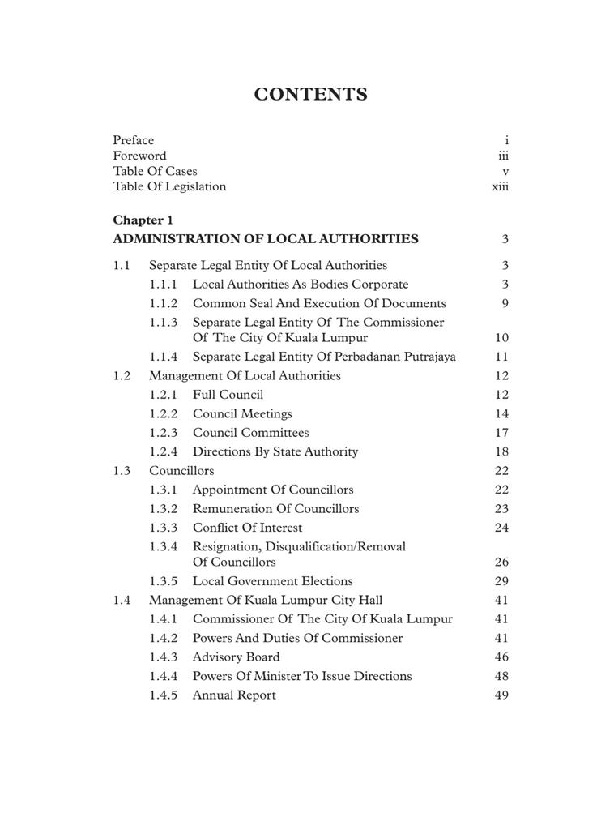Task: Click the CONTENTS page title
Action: [x=310, y=95]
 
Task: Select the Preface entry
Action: [x=133, y=140]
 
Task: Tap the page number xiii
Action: [x=500, y=187]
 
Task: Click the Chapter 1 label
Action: [x=143, y=220]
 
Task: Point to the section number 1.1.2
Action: [x=163, y=304]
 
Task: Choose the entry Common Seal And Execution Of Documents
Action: [x=319, y=304]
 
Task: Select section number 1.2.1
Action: [x=163, y=396]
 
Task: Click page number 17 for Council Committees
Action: [x=501, y=434]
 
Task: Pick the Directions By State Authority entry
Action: [x=275, y=452]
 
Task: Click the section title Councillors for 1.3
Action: [x=181, y=471]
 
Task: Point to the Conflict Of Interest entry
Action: [x=247, y=528]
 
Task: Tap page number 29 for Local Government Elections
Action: [x=501, y=582]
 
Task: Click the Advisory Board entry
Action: [x=236, y=657]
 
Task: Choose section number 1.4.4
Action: [x=163, y=677]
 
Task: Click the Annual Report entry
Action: [x=234, y=695]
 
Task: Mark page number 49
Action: [x=501, y=695]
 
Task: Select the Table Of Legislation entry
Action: [x=169, y=187]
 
